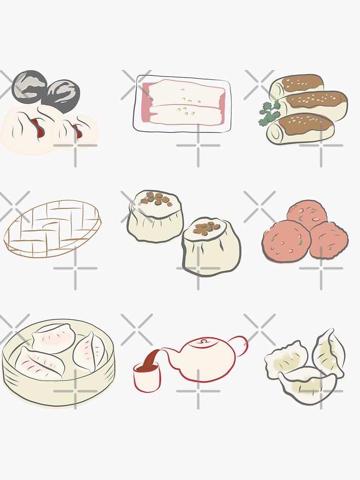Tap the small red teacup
(145, 377)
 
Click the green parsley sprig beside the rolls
(269, 114)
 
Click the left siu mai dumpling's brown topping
(154, 197)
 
